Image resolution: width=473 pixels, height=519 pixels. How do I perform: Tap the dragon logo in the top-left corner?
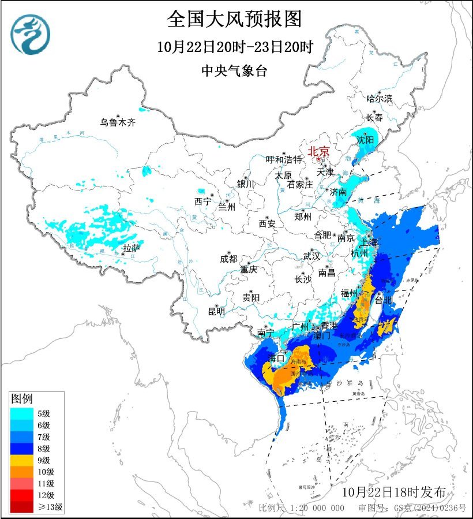[30, 34]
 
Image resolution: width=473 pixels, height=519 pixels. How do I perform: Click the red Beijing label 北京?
[318, 152]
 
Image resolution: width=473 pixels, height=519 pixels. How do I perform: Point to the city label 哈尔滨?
[379, 99]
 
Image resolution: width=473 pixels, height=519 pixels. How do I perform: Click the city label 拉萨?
[132, 248]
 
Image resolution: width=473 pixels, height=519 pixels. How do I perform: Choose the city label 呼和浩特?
[283, 159]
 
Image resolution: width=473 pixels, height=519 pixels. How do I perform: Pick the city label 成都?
[228, 259]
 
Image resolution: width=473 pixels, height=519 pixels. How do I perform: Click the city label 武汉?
[312, 256]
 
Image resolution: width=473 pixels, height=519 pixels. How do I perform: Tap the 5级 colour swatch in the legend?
[20, 413]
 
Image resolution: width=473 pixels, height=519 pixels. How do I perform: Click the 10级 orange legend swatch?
[20, 472]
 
